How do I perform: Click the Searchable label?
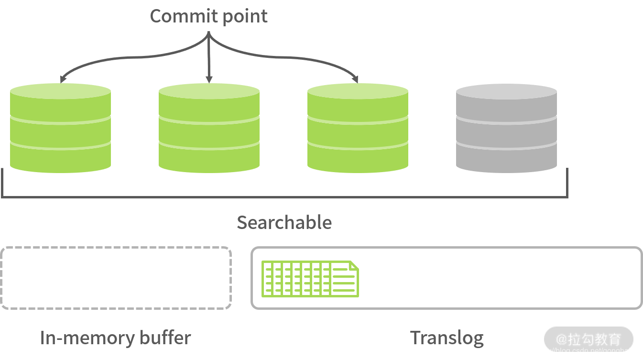point(284,222)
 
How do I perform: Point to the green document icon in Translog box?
point(310,278)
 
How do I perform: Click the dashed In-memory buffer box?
point(116,278)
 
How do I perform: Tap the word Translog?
point(447,338)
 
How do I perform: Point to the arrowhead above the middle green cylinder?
point(208,79)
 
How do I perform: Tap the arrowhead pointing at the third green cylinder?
point(356,79)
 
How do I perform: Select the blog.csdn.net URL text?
point(586,351)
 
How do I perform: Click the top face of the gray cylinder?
point(506,92)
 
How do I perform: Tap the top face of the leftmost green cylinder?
point(60,92)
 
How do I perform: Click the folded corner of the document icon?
point(354,265)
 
